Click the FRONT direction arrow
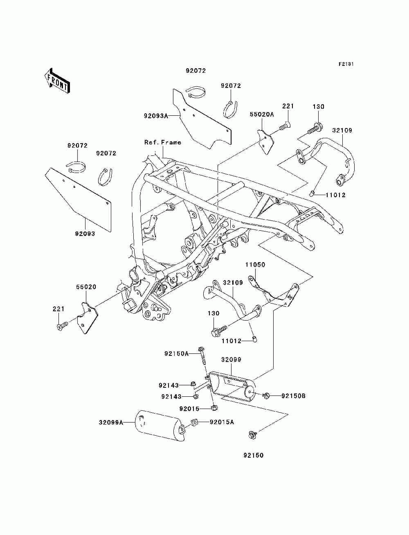tap(57, 81)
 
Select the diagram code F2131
tap(346, 64)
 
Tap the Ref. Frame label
tap(162, 142)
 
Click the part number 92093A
tap(156, 116)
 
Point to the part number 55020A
tap(262, 114)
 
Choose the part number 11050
tap(255, 265)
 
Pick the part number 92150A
tap(176, 354)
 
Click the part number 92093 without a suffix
tap(85, 234)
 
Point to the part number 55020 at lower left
tap(86, 287)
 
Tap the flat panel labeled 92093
tap(78, 199)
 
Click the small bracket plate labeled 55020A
tap(265, 142)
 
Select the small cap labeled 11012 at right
tap(312, 194)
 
